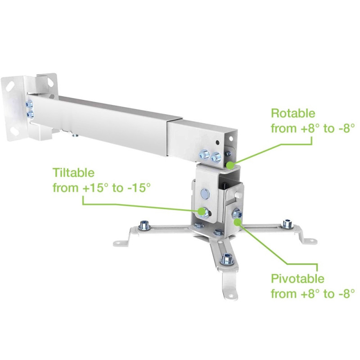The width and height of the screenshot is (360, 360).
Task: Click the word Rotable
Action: [x=293, y=113]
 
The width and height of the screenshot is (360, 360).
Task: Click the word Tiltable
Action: [x=73, y=172]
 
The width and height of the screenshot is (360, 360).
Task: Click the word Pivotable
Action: [x=297, y=279]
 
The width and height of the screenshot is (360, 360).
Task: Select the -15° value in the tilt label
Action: [x=137, y=188]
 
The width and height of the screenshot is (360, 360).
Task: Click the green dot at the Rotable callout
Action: [x=230, y=165]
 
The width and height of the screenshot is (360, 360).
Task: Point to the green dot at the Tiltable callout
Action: [x=201, y=211]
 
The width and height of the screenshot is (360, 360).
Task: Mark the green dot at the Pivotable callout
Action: [x=238, y=222]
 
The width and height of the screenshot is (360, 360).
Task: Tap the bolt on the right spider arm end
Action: [x=288, y=223]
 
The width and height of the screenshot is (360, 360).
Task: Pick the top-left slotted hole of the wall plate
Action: [x=9, y=85]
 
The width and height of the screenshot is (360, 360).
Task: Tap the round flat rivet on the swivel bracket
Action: [x=205, y=193]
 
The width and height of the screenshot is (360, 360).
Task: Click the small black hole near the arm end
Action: [x=217, y=143]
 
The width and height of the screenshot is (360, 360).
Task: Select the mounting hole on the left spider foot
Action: [x=118, y=242]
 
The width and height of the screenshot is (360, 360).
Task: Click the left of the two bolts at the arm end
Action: [x=204, y=154]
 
